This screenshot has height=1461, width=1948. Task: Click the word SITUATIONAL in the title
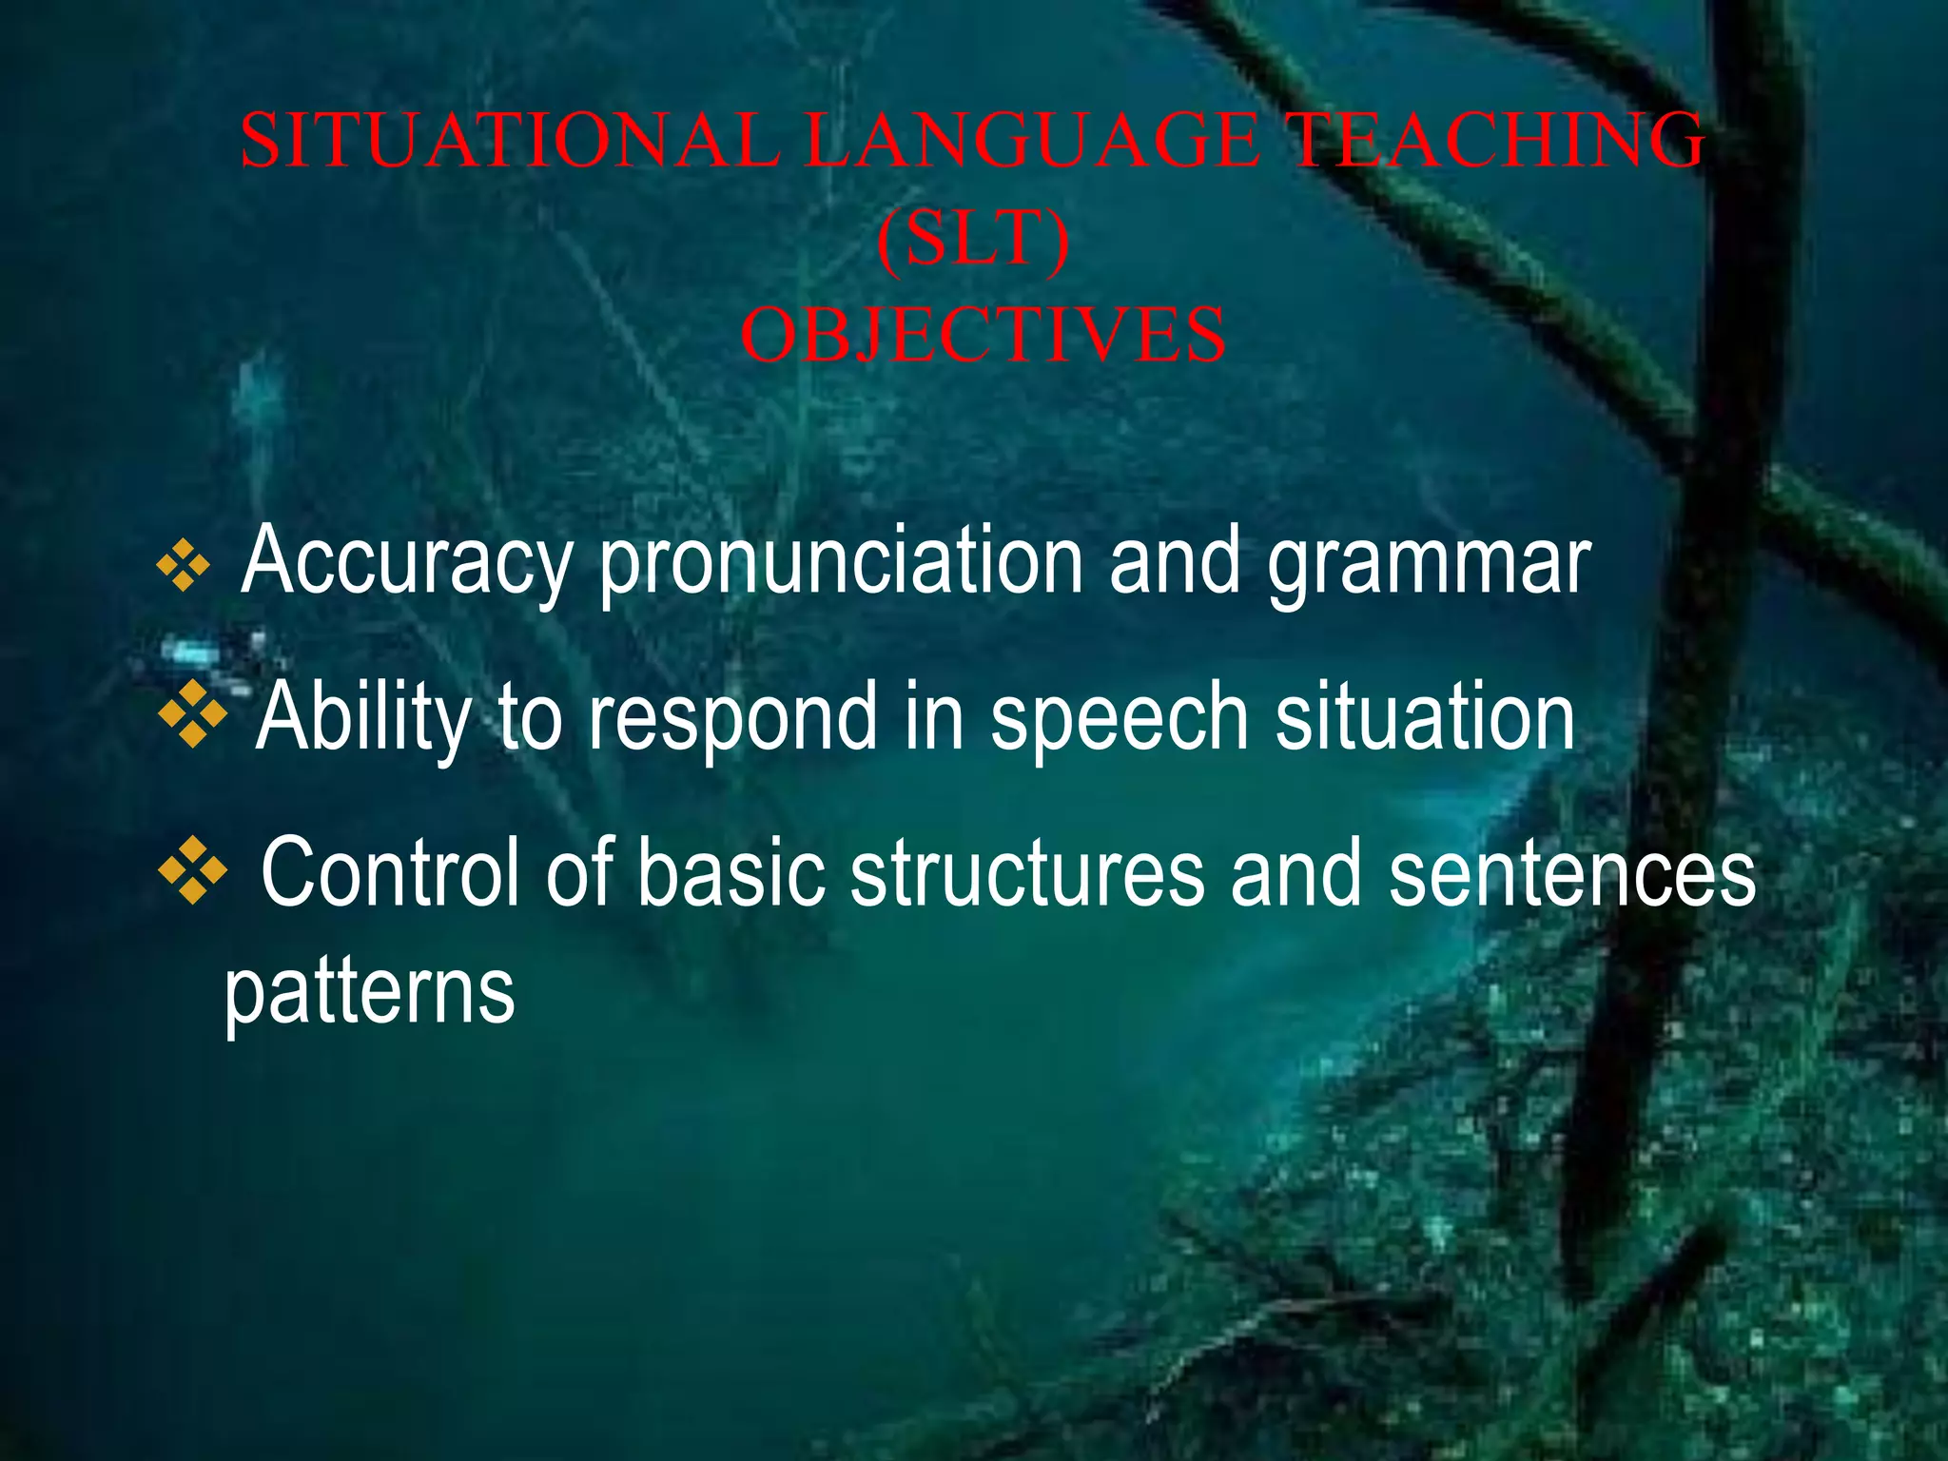[x=510, y=141]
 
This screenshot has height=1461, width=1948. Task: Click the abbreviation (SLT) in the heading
[x=973, y=240]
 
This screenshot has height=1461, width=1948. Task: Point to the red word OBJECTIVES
[x=984, y=337]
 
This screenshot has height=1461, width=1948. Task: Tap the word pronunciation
[x=842, y=563]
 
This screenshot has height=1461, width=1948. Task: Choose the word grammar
[x=1429, y=563]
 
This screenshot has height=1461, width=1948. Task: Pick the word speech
[x=1119, y=718]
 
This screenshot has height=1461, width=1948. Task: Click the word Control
[x=390, y=873]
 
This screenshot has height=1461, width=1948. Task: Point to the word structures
[x=1027, y=873]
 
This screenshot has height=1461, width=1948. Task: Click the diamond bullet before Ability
[x=193, y=713]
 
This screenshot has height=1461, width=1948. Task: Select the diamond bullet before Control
[x=193, y=869]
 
